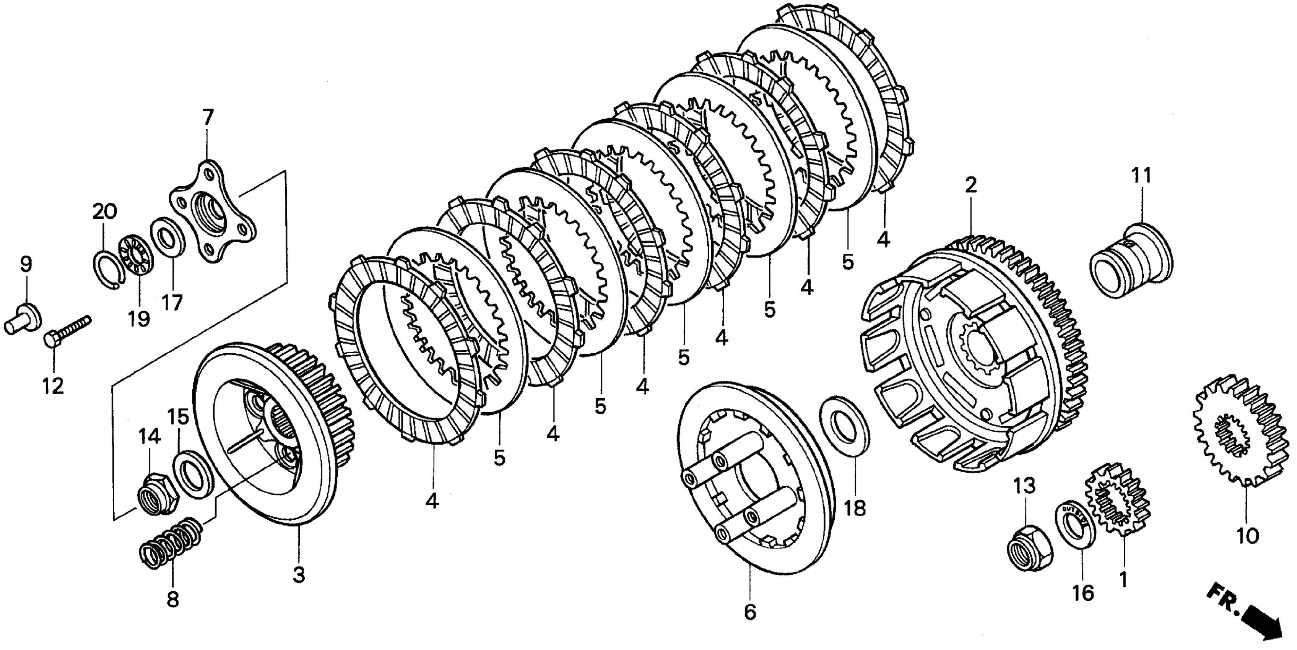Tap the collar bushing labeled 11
tap(1130, 262)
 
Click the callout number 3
tap(299, 574)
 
